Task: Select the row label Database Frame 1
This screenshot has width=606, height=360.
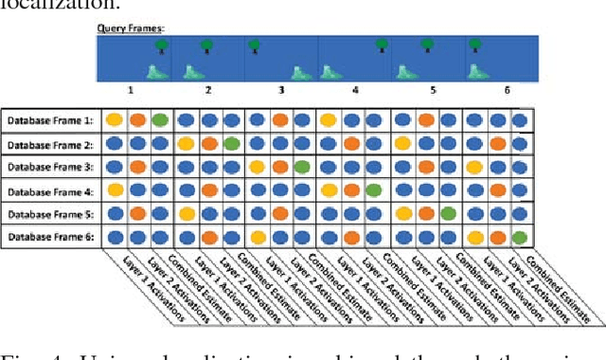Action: point(49,120)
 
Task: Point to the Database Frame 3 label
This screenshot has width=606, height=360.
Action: point(49,167)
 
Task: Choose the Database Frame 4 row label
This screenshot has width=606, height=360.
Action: point(49,189)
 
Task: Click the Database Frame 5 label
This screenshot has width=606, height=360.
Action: point(49,213)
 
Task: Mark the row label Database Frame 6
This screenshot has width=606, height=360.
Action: point(49,236)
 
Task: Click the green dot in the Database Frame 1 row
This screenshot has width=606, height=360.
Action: point(160,120)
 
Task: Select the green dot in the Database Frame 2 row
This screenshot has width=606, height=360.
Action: point(231,143)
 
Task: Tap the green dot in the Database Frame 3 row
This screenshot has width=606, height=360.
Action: point(301,167)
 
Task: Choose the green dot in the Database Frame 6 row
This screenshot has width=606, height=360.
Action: point(519,236)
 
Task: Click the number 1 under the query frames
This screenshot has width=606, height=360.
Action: point(133,90)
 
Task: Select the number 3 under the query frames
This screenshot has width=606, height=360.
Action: point(281,90)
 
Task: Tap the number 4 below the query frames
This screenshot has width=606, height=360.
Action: point(355,90)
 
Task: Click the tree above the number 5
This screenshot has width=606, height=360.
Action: point(426,44)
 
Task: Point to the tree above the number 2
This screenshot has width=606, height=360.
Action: point(205,44)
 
